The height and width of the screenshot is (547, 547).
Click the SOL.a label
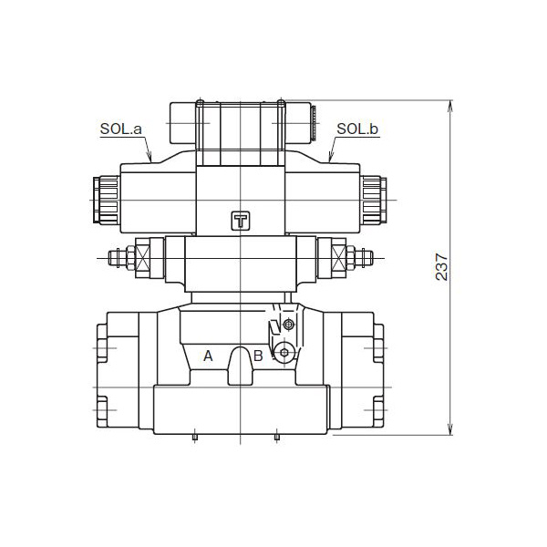tap(121, 129)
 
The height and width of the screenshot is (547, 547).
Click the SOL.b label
tap(357, 129)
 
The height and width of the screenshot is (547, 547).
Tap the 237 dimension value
tap(442, 266)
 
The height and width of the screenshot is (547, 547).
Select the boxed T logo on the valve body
tap(240, 221)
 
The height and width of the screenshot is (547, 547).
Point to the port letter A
tap(208, 356)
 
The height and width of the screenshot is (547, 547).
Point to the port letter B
tap(258, 356)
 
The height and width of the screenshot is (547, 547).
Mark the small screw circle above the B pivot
tap(289, 325)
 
